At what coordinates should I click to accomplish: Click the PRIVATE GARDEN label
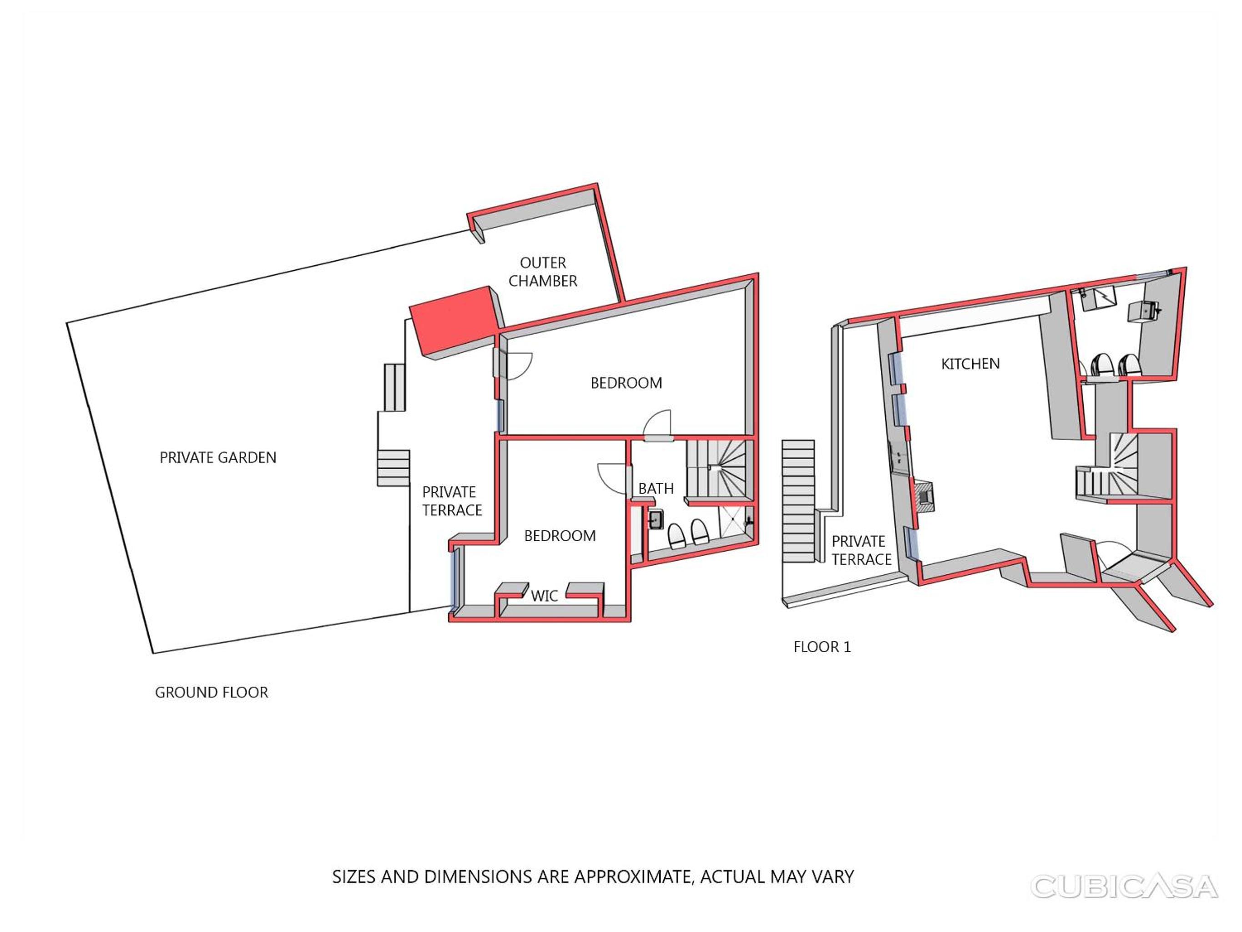(218, 458)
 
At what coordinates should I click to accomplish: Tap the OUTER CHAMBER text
(543, 272)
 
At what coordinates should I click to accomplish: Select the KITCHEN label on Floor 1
(970, 364)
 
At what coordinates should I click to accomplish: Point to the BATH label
(656, 489)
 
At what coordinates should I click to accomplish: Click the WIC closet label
(545, 596)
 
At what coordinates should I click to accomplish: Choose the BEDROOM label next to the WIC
(560, 536)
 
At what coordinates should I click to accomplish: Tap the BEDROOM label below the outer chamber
(626, 383)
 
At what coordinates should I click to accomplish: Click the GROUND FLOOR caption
(212, 692)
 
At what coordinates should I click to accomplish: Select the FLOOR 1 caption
(822, 647)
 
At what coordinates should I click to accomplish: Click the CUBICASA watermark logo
(1124, 886)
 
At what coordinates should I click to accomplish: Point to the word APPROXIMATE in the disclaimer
(632, 877)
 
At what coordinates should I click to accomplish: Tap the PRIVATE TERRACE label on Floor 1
(861, 551)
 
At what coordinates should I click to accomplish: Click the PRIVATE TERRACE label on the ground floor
(452, 501)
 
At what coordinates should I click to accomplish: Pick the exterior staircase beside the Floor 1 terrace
(798, 501)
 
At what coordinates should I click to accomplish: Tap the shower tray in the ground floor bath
(735, 522)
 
